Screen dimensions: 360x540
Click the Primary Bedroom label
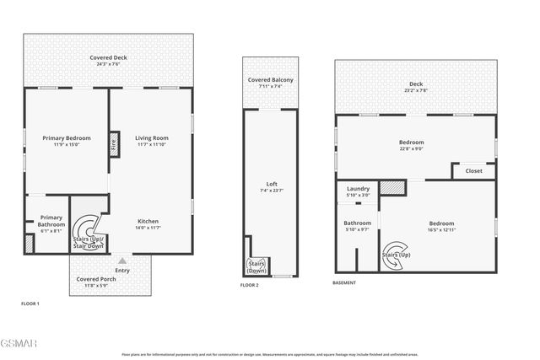click(x=67, y=137)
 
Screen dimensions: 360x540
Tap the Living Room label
click(x=153, y=137)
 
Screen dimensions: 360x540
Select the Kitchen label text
click(x=148, y=221)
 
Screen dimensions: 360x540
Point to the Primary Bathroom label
click(x=51, y=220)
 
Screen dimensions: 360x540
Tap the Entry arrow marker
click(x=123, y=261)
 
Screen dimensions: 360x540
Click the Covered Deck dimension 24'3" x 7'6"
click(x=107, y=64)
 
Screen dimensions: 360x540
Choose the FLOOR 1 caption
click(x=30, y=304)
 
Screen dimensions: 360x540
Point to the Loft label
click(x=272, y=184)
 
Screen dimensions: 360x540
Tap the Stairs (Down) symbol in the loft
click(x=256, y=266)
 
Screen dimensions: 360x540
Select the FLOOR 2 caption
click(x=249, y=286)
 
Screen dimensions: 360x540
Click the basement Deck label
click(x=416, y=83)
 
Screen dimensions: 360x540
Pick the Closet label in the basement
click(x=473, y=170)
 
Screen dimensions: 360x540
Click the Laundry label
click(x=358, y=189)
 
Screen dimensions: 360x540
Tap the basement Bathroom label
click(x=358, y=223)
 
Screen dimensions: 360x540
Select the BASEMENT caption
click(x=344, y=282)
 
